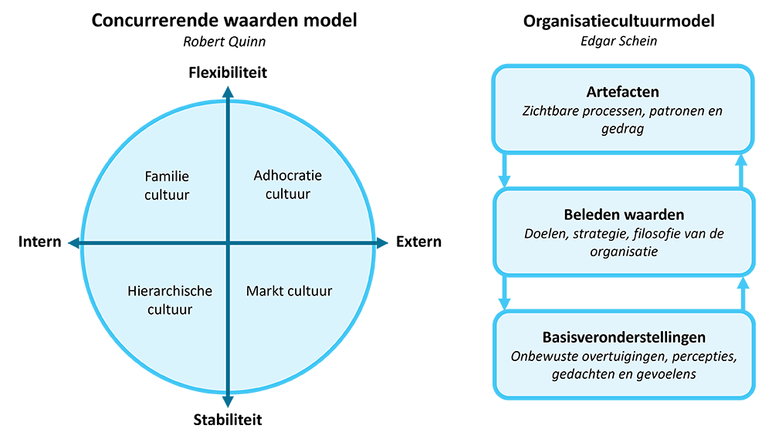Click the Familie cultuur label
coord(167,186)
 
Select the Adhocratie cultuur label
coord(287,185)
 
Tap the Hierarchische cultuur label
coord(169,300)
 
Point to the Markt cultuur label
coord(289,291)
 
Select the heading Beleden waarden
coord(622,215)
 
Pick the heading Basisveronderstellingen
coord(622,338)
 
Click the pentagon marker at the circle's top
coord(227,89)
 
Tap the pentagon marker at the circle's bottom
coord(227,401)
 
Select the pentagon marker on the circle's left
coord(70,244)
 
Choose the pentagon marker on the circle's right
coord(384,244)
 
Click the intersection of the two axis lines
coord(227,244)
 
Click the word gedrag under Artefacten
coord(621,129)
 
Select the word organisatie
coord(621,251)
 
